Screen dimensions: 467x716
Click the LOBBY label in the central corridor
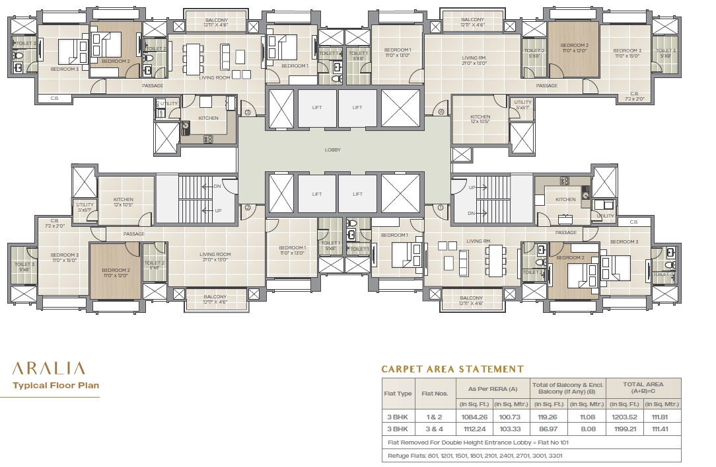pyautogui.click(x=333, y=150)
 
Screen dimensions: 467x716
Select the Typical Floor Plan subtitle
pyautogui.click(x=56, y=385)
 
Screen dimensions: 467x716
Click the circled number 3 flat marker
pyautogui.click(x=248, y=112)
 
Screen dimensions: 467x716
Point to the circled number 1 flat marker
pyautogui.click(x=440, y=207)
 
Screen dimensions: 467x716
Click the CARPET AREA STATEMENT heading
pyautogui.click(x=452, y=369)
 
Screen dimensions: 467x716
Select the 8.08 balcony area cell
pyautogui.click(x=587, y=429)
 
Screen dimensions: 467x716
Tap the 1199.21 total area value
pyautogui.click(x=624, y=429)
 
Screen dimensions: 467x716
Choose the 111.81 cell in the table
pyautogui.click(x=662, y=417)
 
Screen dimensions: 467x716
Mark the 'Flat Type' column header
pyautogui.click(x=398, y=393)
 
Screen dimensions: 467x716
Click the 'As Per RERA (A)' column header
pyautogui.click(x=492, y=388)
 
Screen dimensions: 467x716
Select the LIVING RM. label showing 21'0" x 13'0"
pyautogui.click(x=474, y=61)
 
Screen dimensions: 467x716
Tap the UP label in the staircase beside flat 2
pyautogui.click(x=217, y=210)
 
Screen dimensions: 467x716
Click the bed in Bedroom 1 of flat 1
pyautogui.click(x=401, y=253)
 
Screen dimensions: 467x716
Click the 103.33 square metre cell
pyautogui.click(x=511, y=429)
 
